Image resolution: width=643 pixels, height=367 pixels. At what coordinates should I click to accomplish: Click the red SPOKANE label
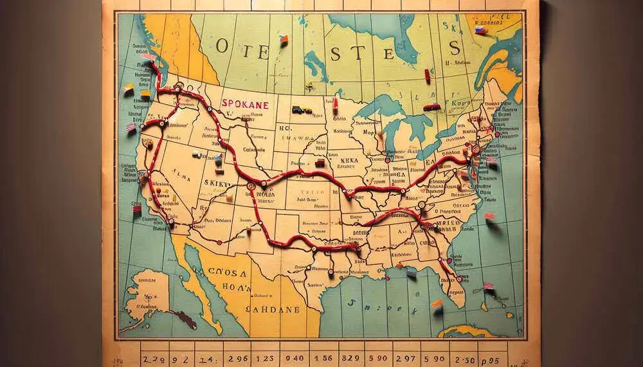tap(244, 103)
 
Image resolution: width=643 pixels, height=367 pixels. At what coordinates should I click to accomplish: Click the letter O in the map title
tap(223, 46)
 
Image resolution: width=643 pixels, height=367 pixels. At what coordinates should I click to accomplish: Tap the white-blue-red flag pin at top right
tap(479, 30)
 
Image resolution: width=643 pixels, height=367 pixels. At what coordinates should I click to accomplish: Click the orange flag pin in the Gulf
tap(437, 303)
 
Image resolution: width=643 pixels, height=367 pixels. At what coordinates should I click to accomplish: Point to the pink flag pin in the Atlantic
tap(489, 216)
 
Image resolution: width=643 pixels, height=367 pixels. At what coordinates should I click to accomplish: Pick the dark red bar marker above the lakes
tap(432, 107)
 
